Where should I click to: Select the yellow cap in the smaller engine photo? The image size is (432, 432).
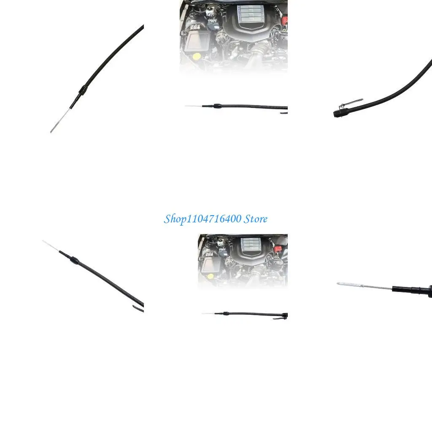click(210, 276)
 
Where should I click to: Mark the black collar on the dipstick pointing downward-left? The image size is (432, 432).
click(84, 90)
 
